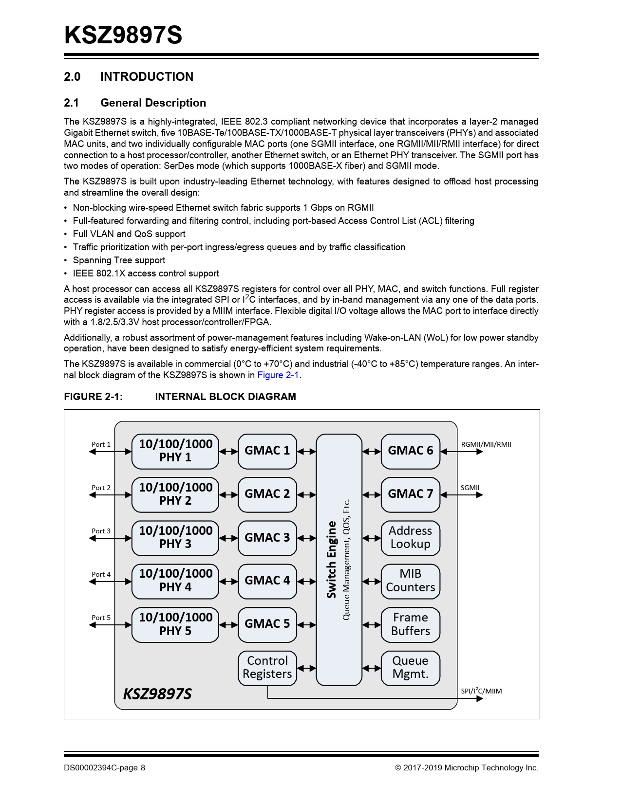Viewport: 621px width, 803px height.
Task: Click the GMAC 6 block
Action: pyautogui.click(x=410, y=451)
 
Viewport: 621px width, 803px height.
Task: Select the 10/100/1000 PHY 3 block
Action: pyautogui.click(x=175, y=538)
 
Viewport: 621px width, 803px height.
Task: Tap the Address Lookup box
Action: pyautogui.click(x=410, y=538)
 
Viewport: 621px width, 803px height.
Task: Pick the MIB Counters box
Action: pyautogui.click(x=410, y=581)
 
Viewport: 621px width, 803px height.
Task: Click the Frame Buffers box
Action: pyautogui.click(x=410, y=624)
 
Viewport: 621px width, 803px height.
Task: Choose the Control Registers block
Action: pyautogui.click(x=267, y=668)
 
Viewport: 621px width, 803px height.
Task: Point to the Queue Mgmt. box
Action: pyautogui.click(x=410, y=668)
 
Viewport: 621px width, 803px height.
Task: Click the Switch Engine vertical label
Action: pyautogui.click(x=332, y=560)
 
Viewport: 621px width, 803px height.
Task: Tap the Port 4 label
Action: pyautogui.click(x=101, y=574)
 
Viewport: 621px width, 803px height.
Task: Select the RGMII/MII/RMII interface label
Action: pyautogui.click(x=486, y=444)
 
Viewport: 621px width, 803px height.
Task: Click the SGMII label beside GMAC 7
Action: pyautogui.click(x=470, y=488)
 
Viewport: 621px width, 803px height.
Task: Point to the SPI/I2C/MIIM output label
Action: pyautogui.click(x=481, y=691)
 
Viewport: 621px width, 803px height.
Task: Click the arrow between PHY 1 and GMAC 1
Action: pyautogui.click(x=228, y=452)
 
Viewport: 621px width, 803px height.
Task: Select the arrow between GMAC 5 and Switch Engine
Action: pyautogui.click(x=306, y=625)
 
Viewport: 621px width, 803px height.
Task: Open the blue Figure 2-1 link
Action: pyautogui.click(x=278, y=375)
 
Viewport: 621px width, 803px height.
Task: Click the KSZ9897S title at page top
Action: pyautogui.click(x=123, y=36)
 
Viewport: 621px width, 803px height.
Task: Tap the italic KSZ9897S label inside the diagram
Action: pyautogui.click(x=157, y=694)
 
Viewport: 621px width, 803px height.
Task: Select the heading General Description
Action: pyautogui.click(x=153, y=103)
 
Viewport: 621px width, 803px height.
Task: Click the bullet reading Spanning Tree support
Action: pyautogui.click(x=119, y=260)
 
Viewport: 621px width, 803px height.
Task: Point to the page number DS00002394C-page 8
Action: pyautogui.click(x=104, y=768)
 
